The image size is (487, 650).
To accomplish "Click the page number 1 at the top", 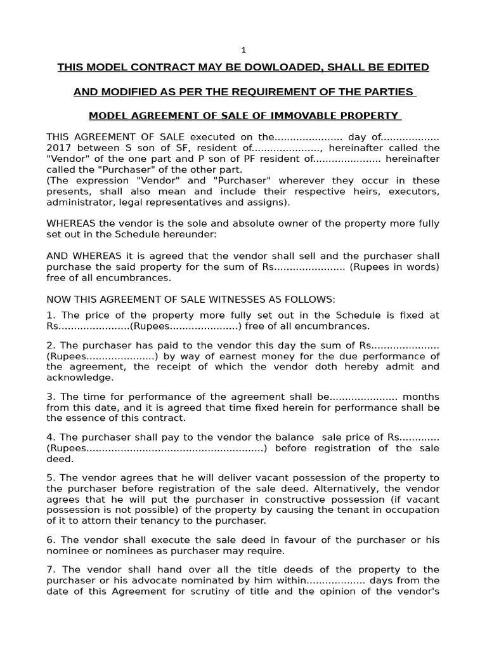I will [x=243, y=50].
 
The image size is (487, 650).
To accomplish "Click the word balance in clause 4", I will [x=292, y=437].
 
